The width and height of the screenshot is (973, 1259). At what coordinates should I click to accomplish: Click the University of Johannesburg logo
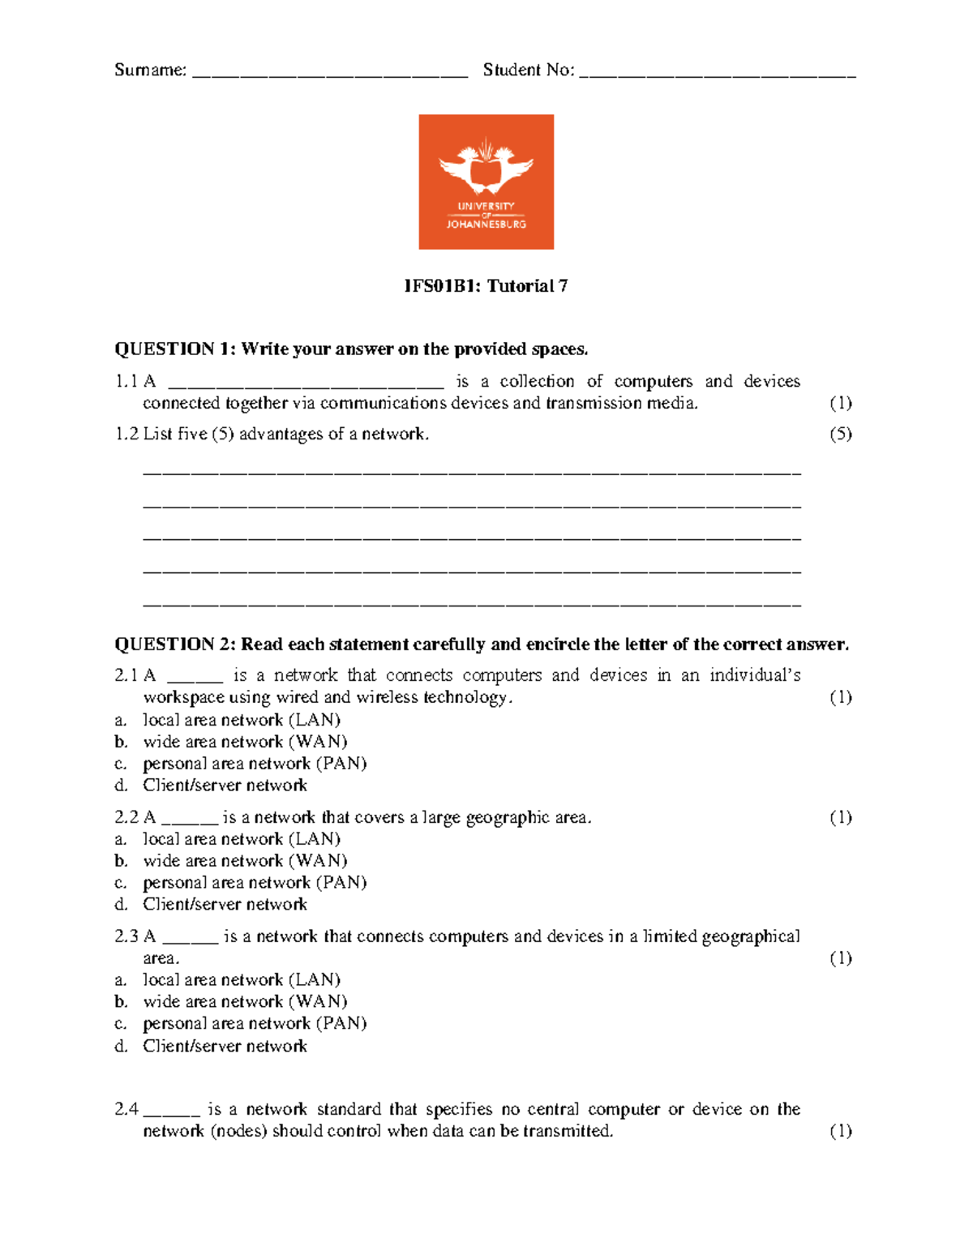[x=486, y=182]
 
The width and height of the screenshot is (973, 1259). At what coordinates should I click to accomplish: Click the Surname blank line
[x=330, y=75]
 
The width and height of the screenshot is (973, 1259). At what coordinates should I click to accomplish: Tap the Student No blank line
[x=718, y=75]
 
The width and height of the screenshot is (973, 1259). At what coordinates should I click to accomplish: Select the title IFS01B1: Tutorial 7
[x=486, y=286]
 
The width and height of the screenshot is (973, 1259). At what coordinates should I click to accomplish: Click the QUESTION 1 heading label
[x=175, y=349]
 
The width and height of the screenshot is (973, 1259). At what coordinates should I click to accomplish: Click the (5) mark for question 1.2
[x=840, y=434]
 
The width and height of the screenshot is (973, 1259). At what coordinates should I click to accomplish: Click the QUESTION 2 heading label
[x=175, y=644]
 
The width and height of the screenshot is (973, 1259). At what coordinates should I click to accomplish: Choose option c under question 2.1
[x=254, y=764]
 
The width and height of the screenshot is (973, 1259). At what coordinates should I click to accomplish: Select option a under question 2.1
[x=241, y=720]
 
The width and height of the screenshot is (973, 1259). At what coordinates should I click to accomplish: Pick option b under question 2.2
[x=244, y=861]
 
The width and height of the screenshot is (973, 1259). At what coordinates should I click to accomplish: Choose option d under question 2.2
[x=225, y=905]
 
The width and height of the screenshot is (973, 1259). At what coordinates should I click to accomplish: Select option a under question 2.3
[x=241, y=980]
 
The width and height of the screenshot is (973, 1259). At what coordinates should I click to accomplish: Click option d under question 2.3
[x=225, y=1047]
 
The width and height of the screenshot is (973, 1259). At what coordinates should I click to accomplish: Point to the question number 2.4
[x=126, y=1109]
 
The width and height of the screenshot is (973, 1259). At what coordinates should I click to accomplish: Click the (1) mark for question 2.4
[x=840, y=1131]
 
